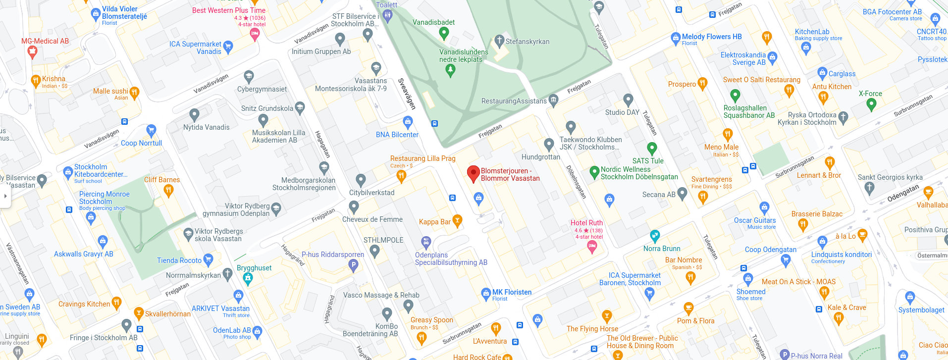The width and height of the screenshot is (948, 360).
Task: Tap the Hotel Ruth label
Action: tap(586, 223)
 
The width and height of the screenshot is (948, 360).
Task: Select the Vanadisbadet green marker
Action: tap(444, 33)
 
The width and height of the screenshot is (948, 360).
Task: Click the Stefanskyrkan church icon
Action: tap(499, 41)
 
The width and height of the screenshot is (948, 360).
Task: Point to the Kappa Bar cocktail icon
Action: tap(458, 221)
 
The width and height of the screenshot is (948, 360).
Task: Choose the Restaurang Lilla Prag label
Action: tap(422, 158)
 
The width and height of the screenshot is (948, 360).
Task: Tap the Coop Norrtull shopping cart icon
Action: tap(152, 131)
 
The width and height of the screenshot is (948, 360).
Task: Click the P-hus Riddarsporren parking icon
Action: tap(353, 265)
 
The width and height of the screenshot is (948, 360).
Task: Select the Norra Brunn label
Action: tap(662, 249)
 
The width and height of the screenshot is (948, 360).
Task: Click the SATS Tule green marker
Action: tap(652, 148)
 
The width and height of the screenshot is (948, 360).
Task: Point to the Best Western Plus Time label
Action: tap(229, 10)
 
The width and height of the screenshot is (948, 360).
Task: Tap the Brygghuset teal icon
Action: tap(248, 278)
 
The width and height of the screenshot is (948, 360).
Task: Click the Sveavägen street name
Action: tap(407, 93)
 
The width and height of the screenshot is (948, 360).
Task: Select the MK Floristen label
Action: tap(512, 292)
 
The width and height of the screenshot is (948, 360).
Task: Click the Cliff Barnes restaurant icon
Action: tap(168, 191)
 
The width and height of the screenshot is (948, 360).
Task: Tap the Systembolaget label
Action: tap(921, 310)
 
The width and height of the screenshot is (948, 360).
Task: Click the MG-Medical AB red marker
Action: tap(32, 51)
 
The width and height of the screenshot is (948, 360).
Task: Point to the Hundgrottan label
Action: tap(540, 157)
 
